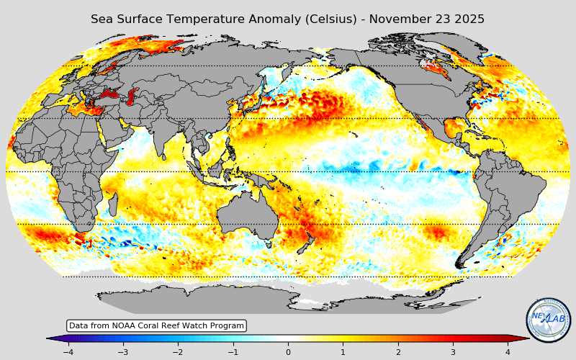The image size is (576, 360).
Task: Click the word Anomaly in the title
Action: pos(240,19)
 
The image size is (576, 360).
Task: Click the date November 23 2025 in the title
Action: pos(427,19)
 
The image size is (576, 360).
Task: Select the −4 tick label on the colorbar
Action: pos(68,352)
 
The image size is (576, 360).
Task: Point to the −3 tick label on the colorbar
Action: pos(122,352)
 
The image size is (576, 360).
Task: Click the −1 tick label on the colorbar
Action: pos(233,352)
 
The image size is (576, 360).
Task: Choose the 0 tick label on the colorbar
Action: pos(288,352)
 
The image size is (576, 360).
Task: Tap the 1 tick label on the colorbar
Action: pos(343,352)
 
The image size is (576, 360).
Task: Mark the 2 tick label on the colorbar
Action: pos(398,352)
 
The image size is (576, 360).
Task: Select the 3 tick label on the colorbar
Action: pos(453,352)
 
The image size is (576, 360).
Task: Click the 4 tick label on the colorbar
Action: pos(508,352)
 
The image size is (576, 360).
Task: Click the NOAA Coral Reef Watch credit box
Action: pos(156,326)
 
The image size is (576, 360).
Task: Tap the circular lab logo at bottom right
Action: pos(549,320)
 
